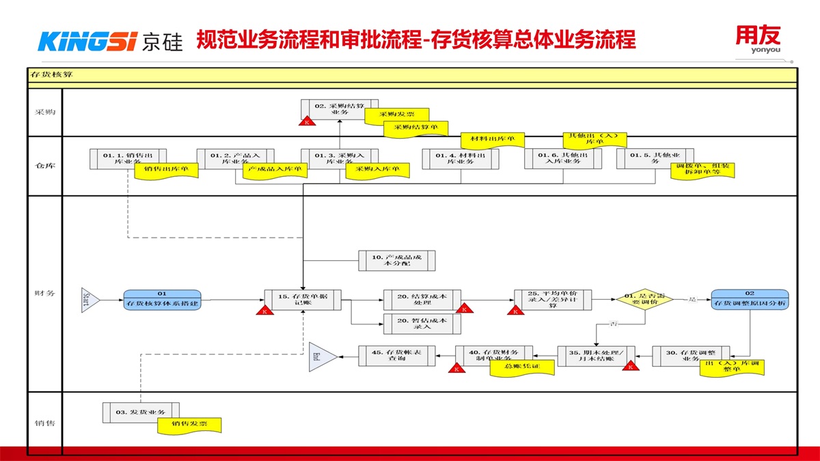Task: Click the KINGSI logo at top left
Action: click(109, 41)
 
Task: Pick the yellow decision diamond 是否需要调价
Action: click(644, 299)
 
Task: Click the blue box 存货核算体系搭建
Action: click(162, 299)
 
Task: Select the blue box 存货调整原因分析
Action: click(750, 299)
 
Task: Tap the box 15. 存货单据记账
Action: click(303, 300)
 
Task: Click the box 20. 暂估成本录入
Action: click(422, 323)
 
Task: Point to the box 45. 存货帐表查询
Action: click(397, 355)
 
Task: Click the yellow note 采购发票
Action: click(396, 114)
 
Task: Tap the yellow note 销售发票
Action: click(191, 425)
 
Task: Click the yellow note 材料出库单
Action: click(492, 140)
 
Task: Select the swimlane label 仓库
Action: click(45, 166)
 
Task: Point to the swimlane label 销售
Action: click(45, 423)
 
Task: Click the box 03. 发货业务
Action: click(141, 412)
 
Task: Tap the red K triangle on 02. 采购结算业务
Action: click(307, 121)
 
